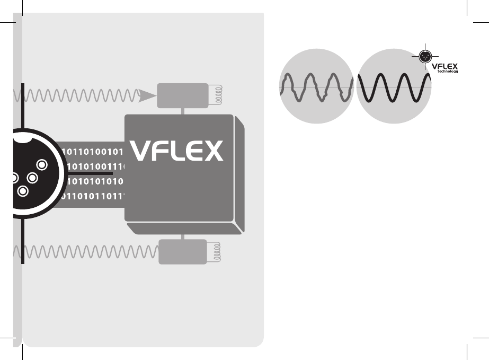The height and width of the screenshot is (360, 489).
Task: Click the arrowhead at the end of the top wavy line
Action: coord(147,96)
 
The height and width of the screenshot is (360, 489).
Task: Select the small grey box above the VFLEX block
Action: coord(183,95)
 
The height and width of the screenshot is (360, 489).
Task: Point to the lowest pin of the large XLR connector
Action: coord(22,190)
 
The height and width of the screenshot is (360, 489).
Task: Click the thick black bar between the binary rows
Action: coord(87,173)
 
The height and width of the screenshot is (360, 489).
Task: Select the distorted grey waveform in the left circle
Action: coord(316,87)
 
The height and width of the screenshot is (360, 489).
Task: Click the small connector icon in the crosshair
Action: coord(423,56)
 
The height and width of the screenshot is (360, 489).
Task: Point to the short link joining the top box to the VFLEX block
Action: coord(183,111)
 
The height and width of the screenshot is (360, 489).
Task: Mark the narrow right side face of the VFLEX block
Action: coord(239,175)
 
